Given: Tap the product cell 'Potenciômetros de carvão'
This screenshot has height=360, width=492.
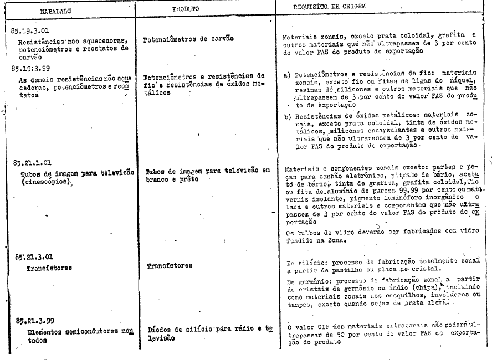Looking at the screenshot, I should click(188, 40).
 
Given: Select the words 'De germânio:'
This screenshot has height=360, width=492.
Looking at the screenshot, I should click(305, 282).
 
